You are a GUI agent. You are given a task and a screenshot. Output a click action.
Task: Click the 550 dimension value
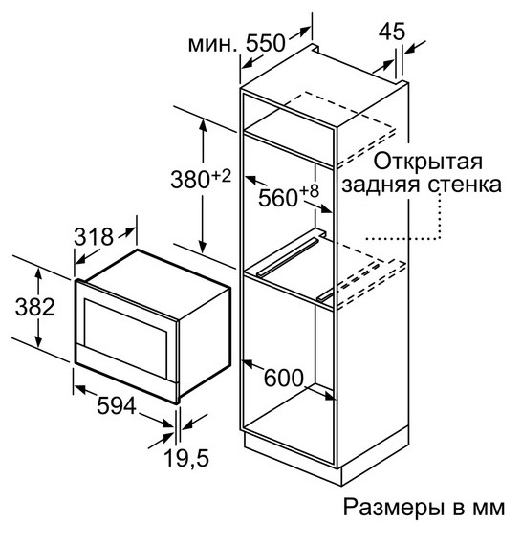266,43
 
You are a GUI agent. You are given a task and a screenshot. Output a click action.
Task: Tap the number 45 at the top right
392,32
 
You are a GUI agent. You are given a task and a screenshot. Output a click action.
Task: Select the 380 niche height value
190,181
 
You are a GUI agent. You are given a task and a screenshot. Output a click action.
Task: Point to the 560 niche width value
278,199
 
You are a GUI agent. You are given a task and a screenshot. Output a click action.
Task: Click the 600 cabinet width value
284,378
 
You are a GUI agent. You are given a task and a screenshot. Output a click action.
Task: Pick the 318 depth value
94,237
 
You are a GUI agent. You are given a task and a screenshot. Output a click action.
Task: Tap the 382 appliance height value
35,307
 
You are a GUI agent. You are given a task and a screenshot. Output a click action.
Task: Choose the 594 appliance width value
117,406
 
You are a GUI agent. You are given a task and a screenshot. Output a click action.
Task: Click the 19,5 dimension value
186,458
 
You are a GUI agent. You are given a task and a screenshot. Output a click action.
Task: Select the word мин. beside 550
211,45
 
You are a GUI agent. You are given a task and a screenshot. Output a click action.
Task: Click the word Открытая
428,162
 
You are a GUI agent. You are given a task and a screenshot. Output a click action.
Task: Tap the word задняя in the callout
381,185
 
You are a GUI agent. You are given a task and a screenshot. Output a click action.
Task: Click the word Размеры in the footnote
395,508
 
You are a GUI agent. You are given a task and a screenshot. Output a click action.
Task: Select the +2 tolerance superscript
221,176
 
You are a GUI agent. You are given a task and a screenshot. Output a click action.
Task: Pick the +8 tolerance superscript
309,191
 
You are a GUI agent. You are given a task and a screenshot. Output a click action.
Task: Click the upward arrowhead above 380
203,126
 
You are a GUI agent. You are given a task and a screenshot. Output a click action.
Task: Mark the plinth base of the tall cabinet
326,454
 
